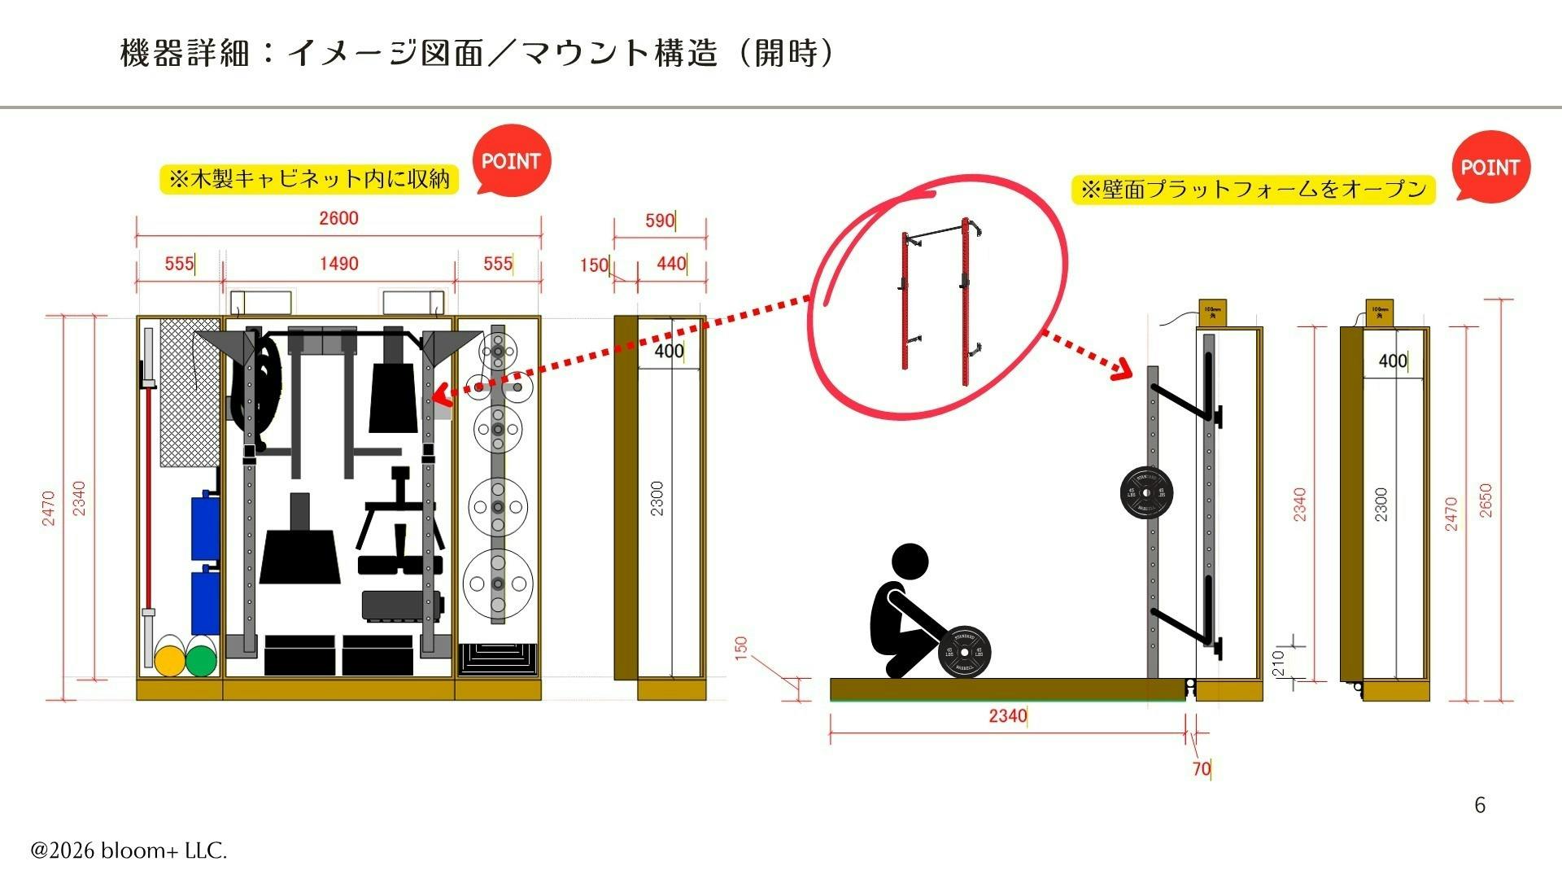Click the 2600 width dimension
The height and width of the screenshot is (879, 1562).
338,218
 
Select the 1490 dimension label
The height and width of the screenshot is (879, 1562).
338,264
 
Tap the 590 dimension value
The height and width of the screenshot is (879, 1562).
659,221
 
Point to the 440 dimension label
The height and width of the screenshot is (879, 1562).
670,264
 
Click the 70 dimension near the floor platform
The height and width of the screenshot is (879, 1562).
1201,768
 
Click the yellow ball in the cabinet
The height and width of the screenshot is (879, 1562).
171,660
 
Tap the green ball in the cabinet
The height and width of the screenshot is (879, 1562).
200,660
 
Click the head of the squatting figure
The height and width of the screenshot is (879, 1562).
910,563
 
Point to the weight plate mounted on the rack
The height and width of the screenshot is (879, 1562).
1146,493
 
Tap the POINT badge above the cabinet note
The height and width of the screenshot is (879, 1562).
511,161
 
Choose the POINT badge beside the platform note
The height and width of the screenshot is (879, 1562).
1490,168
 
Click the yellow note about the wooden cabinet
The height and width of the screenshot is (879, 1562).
308,179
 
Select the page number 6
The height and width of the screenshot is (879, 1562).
1480,805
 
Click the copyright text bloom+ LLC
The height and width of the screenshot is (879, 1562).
129,851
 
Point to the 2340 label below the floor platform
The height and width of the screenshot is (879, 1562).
1007,715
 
